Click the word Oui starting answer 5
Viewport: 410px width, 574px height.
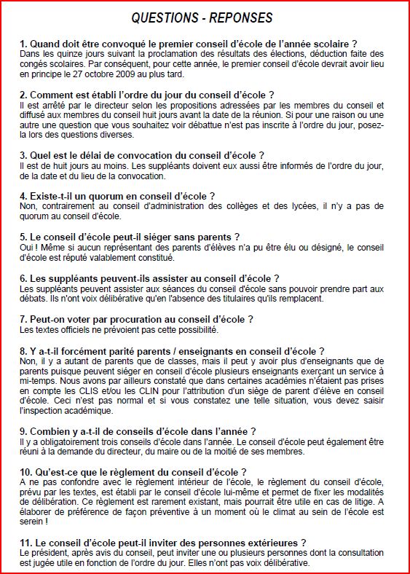(28, 248)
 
